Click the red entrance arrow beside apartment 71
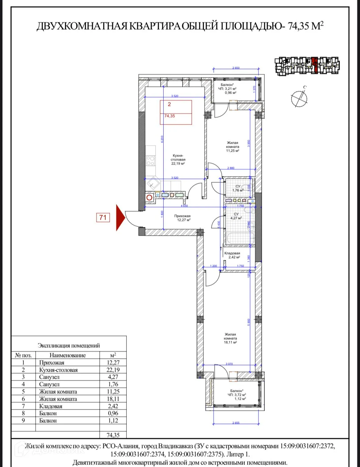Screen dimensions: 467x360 coord(120,218)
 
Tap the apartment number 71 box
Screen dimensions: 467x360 coord(103,218)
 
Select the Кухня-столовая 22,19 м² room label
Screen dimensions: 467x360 coord(178,160)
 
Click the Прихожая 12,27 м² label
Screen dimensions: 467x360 coord(183,218)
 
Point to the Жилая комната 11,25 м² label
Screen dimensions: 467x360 coord(232,147)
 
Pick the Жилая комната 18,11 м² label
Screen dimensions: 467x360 coord(230,338)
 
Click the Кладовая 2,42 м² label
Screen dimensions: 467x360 coord(232,255)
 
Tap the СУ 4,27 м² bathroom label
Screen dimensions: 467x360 coord(236,216)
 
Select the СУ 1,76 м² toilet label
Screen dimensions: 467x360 coord(238,188)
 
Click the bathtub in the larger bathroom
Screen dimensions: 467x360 coord(240,238)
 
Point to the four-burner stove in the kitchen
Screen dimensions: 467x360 coord(151,161)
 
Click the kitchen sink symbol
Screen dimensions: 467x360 coord(153,184)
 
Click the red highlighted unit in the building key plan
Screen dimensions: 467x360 coord(315,65)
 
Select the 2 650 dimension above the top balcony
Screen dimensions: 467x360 coord(236,68)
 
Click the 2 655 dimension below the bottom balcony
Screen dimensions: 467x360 coord(236,423)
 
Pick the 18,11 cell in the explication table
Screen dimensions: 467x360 coord(113,399)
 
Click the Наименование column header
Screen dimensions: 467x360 coord(67,355)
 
